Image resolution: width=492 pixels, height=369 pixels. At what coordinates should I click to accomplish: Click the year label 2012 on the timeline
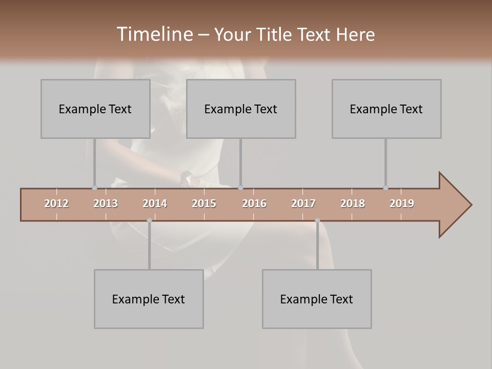point(56,203)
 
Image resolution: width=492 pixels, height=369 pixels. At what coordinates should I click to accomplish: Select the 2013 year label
point(106,203)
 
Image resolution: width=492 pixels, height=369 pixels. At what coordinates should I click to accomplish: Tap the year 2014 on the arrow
point(155,203)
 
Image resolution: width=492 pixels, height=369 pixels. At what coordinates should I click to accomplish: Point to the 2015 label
point(204,203)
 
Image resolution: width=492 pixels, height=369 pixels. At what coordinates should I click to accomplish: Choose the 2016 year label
point(254,203)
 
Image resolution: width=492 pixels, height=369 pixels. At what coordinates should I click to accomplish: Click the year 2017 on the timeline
point(303,203)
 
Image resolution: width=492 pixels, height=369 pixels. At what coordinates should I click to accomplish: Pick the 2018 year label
point(353,203)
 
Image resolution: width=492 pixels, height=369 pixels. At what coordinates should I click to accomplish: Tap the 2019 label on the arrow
point(402,203)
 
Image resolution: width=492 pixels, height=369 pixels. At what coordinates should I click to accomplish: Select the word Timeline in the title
point(154,34)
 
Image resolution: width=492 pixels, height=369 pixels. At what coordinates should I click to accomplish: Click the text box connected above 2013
point(95,109)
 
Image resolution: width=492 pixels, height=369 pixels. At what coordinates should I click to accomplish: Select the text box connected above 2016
point(241,109)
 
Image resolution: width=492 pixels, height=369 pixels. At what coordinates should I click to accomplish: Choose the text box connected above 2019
point(386,109)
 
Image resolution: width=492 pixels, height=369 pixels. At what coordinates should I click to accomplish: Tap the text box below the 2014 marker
point(149,299)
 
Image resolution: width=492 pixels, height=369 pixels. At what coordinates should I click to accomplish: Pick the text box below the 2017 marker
point(317,299)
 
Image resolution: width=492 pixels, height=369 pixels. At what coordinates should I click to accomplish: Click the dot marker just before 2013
point(94,188)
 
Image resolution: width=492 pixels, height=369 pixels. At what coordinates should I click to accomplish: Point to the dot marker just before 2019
point(385,188)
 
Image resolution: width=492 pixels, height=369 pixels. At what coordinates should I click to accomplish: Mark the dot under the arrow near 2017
point(317,220)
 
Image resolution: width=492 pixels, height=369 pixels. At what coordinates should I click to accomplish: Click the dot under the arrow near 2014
point(149,220)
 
